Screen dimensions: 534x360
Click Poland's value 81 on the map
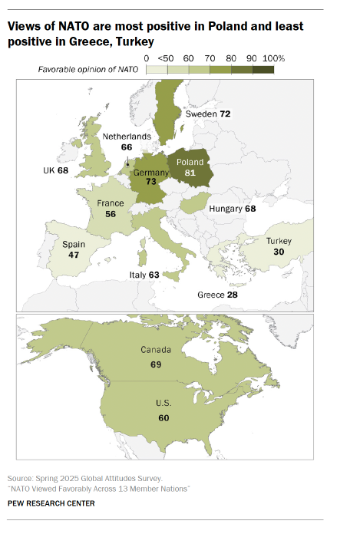[x=190, y=174]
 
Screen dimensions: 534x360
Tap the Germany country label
[x=150, y=173]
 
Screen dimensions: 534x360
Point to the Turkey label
[x=279, y=241]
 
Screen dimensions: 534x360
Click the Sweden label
[x=201, y=114]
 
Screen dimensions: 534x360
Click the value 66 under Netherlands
[x=127, y=147]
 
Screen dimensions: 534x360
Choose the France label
[x=111, y=203]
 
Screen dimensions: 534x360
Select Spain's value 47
[x=73, y=255]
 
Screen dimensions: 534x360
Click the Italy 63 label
[x=144, y=274]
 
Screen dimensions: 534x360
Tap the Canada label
[x=156, y=350]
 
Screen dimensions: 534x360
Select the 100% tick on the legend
[x=273, y=58]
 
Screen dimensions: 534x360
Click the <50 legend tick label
[x=166, y=58]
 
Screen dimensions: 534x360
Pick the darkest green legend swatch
[x=263, y=70]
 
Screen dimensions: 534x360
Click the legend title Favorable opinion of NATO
[x=89, y=70]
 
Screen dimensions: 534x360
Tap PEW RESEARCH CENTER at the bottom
[x=51, y=503]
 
